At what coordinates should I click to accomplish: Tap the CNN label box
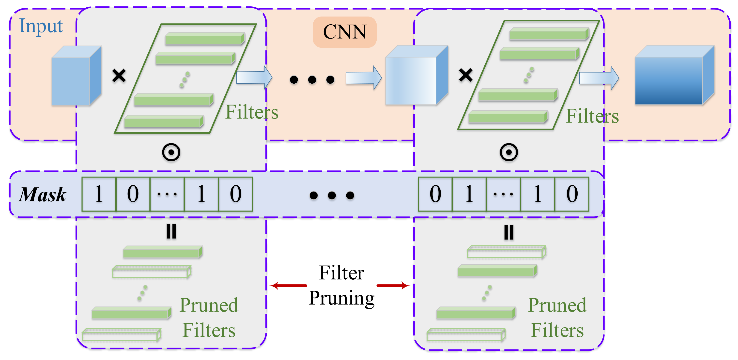(x=344, y=32)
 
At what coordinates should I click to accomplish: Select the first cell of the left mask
(x=99, y=194)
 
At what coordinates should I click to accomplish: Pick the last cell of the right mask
(x=571, y=194)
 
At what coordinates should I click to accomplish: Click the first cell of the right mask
(x=435, y=194)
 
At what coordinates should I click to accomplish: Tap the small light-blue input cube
(x=76, y=76)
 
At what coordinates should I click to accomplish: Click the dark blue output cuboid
(x=673, y=76)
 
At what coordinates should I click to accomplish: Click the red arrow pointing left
(x=288, y=285)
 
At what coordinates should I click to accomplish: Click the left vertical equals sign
(x=171, y=231)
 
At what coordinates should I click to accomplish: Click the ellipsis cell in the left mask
(x=167, y=194)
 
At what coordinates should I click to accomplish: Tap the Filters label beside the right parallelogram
(x=592, y=116)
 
